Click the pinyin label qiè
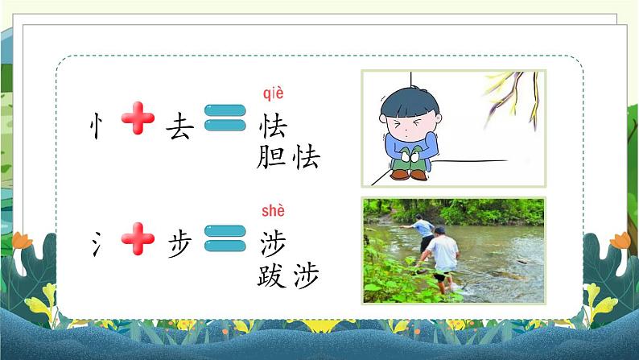(x=274, y=94)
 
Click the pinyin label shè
(x=274, y=211)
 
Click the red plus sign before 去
(x=138, y=122)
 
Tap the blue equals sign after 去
(x=225, y=122)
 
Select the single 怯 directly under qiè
(x=274, y=127)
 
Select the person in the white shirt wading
(x=440, y=250)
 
